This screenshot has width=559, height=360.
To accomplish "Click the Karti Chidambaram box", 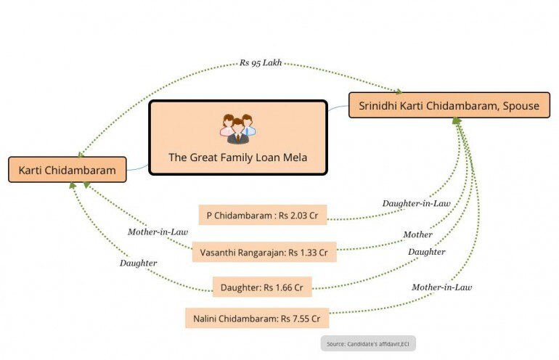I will tap(67, 170).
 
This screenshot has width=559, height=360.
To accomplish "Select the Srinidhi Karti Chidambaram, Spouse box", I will tap(449, 106).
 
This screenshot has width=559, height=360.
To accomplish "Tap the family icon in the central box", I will tap(238, 128).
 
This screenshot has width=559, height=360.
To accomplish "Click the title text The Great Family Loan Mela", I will tap(237, 157).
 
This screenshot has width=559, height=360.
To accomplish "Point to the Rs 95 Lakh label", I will tap(261, 62).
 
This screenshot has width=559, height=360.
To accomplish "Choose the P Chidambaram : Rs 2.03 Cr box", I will tap(262, 215).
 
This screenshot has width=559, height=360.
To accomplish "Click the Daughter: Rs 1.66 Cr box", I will tap(261, 287).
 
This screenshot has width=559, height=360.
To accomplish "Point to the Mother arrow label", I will tap(418, 234).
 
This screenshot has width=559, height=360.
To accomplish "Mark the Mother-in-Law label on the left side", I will tap(158, 232).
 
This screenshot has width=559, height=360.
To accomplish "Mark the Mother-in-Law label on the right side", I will tap(441, 287).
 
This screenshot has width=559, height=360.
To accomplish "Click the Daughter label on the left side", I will tap(138, 263).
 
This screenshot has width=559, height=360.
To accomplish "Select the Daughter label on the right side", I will tap(426, 251).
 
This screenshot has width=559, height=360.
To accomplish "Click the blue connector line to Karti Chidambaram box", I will tap(138, 168).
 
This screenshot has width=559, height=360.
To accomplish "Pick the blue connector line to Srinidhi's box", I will tap(338, 108).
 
